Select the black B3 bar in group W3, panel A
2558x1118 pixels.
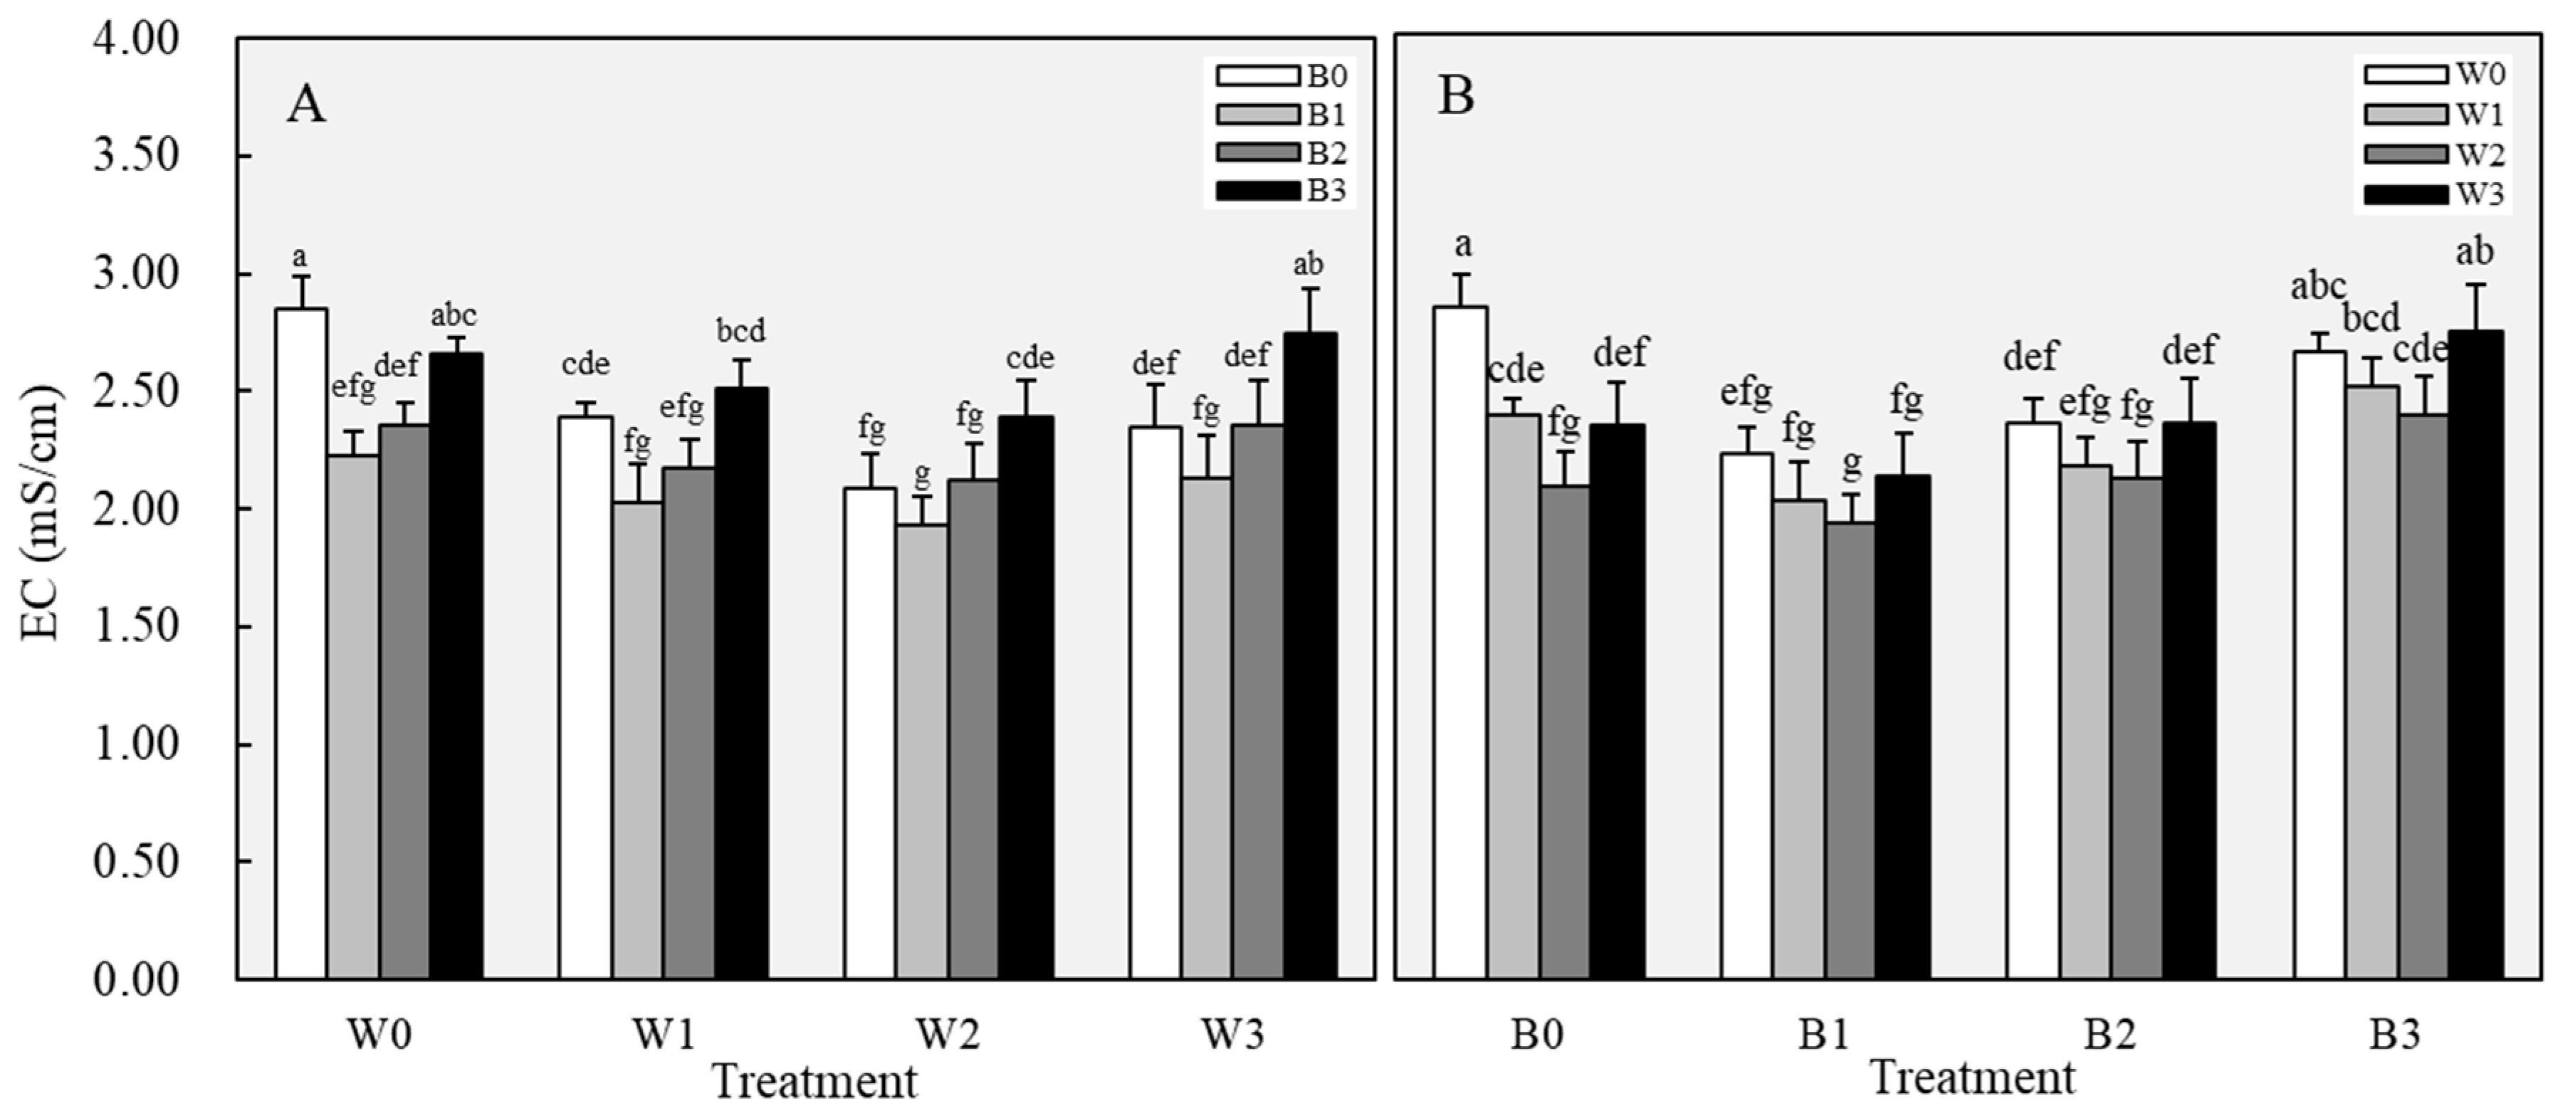tap(1309, 655)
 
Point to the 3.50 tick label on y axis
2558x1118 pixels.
tap(137, 156)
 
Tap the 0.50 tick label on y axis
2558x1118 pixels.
tap(137, 862)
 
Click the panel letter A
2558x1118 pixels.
tap(306, 104)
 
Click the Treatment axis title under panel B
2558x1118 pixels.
tap(1972, 1077)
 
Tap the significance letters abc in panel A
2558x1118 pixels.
tap(454, 316)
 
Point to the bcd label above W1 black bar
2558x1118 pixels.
tap(741, 331)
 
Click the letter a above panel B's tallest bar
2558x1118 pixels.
tap(1462, 244)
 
